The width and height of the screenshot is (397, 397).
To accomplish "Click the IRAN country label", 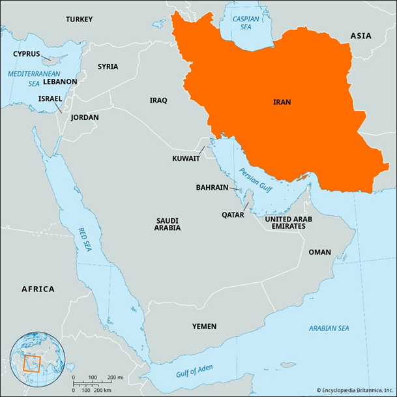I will pos(282,102).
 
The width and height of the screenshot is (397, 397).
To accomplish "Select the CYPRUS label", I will pos(27,54).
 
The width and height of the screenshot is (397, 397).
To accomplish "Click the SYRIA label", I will pos(108,66).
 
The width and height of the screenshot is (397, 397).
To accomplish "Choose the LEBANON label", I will pos(60,82).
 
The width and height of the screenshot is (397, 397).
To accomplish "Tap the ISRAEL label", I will pos(50,98).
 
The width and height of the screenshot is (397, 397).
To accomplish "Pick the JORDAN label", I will pos(85,117).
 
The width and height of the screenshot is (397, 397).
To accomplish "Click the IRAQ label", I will pos(158,100).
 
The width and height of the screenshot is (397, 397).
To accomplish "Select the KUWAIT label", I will pos(186,158).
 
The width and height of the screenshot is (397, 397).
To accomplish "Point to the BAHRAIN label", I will pos(212,187).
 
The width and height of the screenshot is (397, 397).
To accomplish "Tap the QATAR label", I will pos(233,214).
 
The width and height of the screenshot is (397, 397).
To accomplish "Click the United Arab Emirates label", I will pos(288,222).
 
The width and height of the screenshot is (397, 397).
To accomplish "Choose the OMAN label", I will pos(319,252).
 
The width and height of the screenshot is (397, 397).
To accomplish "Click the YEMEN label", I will pos(204,326).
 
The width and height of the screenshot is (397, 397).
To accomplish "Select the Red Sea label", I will pos(85,239).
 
